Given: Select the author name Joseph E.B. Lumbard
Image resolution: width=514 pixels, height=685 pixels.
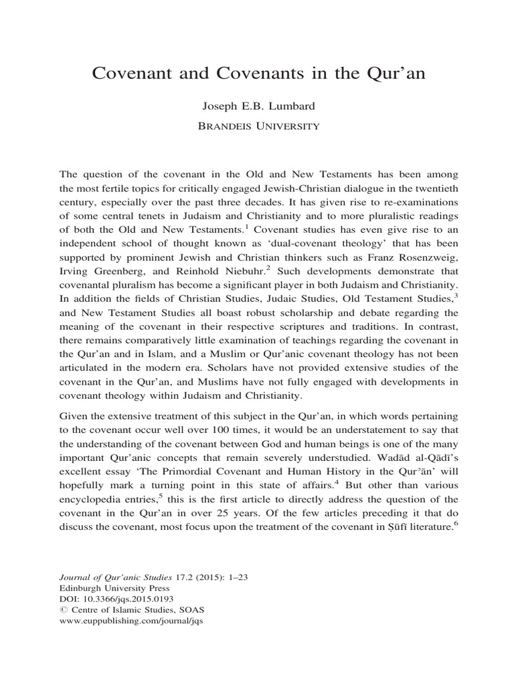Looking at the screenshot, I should pos(256,106).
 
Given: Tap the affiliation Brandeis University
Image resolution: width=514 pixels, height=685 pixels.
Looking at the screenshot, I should pos(256,125).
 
